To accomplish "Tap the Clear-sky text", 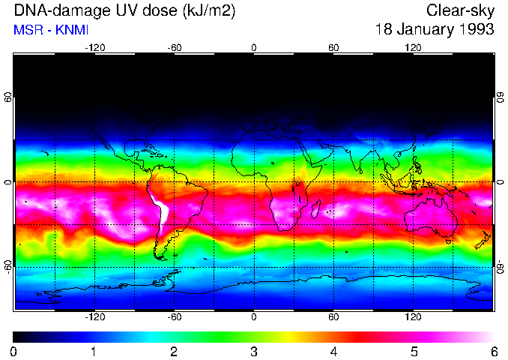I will click(x=460, y=10).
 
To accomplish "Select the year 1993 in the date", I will click(x=476, y=30).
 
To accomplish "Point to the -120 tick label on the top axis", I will click(x=94, y=47).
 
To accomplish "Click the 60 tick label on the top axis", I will click(x=333, y=47).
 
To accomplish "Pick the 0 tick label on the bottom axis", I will click(x=254, y=317).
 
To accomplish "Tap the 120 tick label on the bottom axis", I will click(x=414, y=317).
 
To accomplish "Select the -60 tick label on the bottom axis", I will click(x=175, y=317).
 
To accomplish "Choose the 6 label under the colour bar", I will click(x=494, y=351).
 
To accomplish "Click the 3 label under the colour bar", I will click(x=254, y=351).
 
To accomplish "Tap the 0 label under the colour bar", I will click(x=14, y=351).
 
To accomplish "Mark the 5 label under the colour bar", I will click(x=414, y=351).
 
